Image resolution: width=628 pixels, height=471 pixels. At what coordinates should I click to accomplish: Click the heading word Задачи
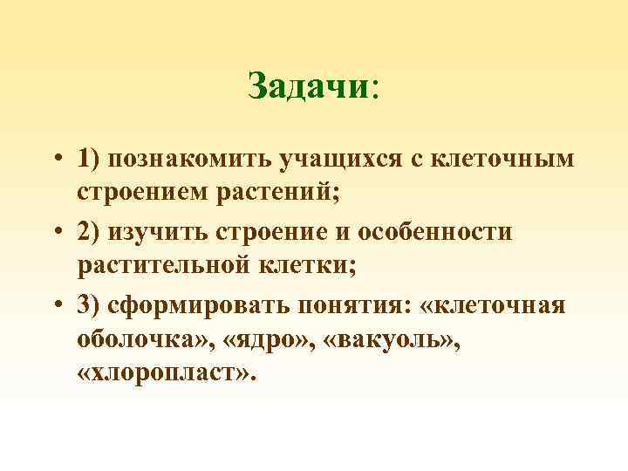[x=309, y=86]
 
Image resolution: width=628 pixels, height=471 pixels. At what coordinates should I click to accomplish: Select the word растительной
[x=174, y=267]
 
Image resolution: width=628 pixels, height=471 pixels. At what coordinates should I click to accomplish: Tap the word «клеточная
[x=495, y=306]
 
